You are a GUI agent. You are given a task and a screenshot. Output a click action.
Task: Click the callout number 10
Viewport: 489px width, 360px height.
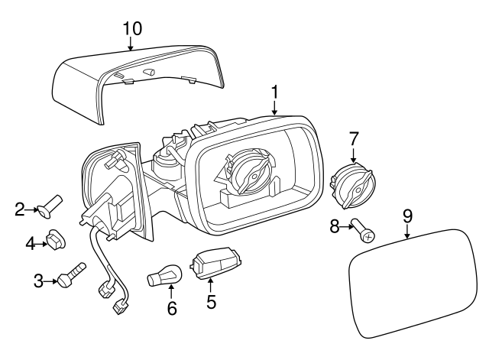(x=132, y=28)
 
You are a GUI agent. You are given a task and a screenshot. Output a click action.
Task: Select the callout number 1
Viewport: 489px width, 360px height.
(x=274, y=93)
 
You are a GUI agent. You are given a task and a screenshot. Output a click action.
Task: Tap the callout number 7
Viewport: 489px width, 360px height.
(x=354, y=139)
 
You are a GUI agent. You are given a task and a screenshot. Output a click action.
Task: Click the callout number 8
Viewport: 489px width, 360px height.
(x=334, y=226)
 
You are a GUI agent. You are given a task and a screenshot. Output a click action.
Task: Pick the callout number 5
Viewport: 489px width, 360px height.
(x=211, y=301)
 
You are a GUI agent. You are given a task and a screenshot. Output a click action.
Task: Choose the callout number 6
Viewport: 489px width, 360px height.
(x=172, y=309)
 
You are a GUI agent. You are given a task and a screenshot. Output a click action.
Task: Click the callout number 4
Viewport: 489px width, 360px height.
(x=31, y=244)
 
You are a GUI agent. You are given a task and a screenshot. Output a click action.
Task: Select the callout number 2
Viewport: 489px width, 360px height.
(x=21, y=207)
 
